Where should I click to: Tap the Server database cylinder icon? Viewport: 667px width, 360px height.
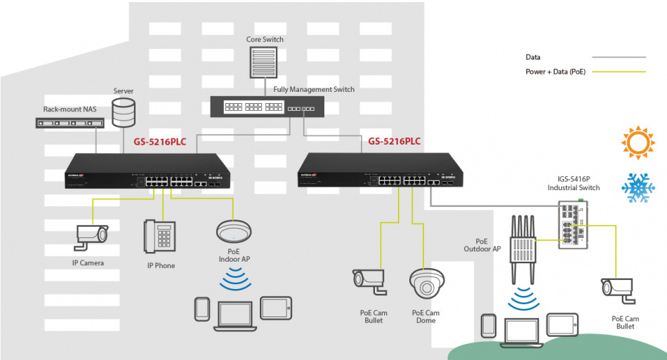[124, 112]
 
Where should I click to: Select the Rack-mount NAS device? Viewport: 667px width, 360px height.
[70, 123]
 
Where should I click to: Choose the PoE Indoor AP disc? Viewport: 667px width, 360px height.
[234, 232]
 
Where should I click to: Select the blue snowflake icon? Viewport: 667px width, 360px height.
[637, 187]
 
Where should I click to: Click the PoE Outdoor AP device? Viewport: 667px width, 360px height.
[520, 246]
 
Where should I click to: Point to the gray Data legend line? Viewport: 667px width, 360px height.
[618, 57]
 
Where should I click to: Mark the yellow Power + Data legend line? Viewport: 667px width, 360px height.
[618, 72]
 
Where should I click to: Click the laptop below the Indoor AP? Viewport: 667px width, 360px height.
[235, 314]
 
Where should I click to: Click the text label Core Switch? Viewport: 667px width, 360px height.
[265, 39]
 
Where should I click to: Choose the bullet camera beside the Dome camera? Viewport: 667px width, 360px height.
[369, 280]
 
